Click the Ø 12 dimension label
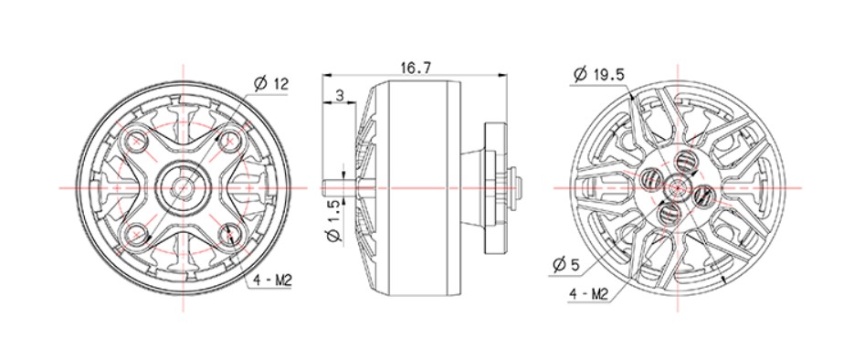270,84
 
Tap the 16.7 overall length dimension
416,68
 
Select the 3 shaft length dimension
340,96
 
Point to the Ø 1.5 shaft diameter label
334,220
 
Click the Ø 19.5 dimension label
598,75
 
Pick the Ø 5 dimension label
566,265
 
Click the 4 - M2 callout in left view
273,281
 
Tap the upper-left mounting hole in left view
135,141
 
